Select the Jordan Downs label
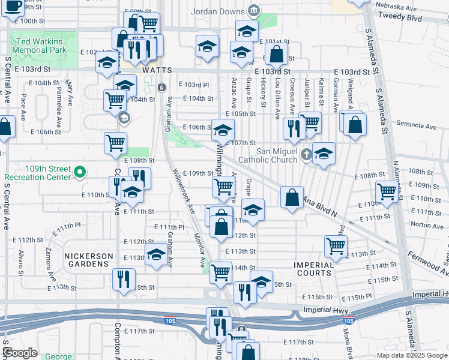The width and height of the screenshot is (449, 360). [218, 11]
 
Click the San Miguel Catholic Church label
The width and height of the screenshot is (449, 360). [268, 155]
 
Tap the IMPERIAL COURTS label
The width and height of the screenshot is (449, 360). [313, 269]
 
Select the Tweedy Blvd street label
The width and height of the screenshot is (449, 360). [408, 18]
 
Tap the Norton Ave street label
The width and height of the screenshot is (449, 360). [410, 225]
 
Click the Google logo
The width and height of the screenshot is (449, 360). [20, 353]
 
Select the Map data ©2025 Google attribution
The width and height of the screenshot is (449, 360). [411, 355]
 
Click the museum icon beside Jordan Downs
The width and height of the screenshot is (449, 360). [254, 11]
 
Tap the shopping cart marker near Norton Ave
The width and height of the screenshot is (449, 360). [387, 192]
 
